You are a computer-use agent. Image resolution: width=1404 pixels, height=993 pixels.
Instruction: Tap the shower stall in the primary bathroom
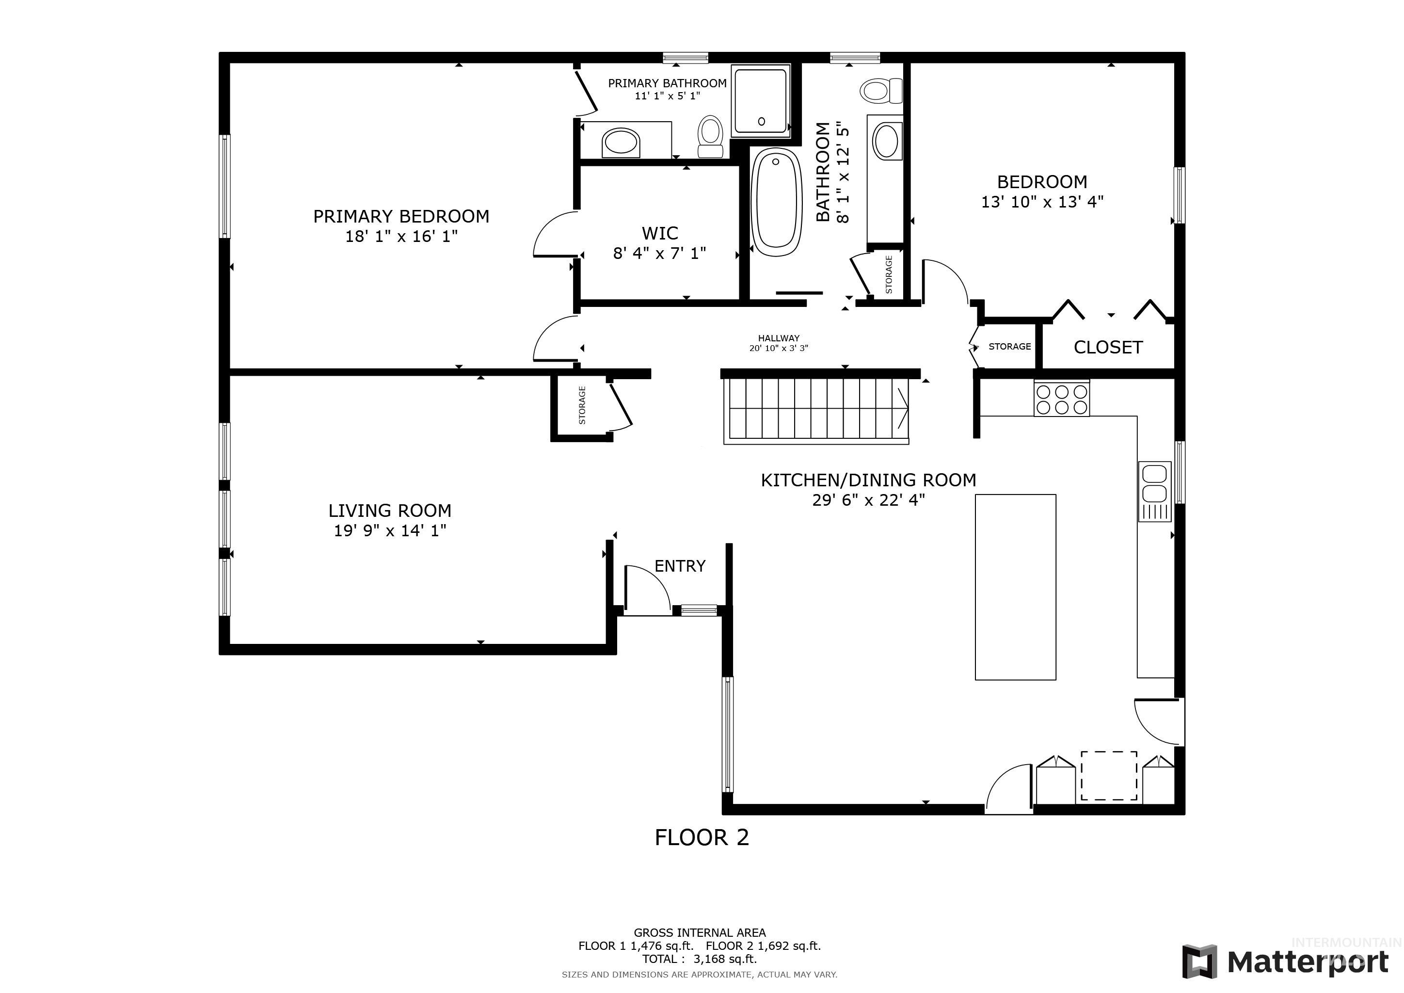(x=760, y=101)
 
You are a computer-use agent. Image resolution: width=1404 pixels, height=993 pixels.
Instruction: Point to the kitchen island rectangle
(x=1015, y=587)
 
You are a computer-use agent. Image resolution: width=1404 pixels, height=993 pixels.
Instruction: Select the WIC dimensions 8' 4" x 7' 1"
(x=659, y=253)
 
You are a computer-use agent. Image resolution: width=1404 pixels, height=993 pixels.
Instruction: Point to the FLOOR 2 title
(x=702, y=838)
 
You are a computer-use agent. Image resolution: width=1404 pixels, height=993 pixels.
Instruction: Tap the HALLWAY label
(x=779, y=338)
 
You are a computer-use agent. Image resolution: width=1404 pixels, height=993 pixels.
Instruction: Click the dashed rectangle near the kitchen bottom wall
(x=1109, y=775)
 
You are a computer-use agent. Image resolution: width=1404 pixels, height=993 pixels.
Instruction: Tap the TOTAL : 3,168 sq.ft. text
(x=699, y=959)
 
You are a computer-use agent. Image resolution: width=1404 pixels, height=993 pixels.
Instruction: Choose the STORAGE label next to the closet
(x=1009, y=347)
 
